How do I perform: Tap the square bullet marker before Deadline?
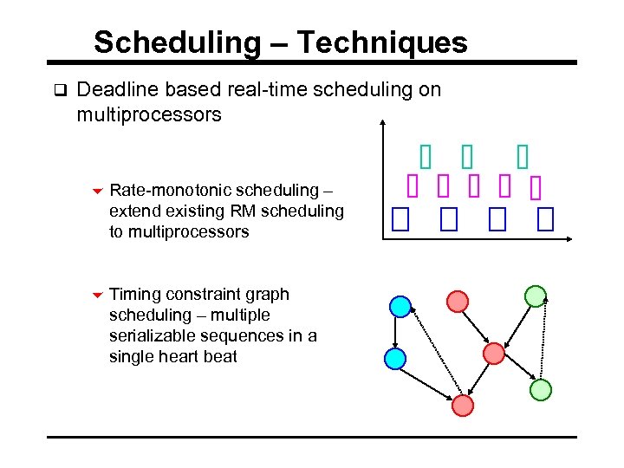(x=59, y=89)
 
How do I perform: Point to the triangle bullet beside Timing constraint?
(x=97, y=296)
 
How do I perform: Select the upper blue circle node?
(x=400, y=306)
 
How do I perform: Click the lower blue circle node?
(x=394, y=357)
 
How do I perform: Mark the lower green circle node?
(x=541, y=390)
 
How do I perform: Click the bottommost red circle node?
(x=464, y=405)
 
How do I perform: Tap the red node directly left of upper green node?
(x=458, y=301)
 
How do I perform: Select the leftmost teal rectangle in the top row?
(x=425, y=156)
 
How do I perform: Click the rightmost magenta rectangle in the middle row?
(x=535, y=188)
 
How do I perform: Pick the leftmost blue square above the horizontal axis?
(x=399, y=220)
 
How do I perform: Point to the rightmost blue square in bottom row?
(x=545, y=220)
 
